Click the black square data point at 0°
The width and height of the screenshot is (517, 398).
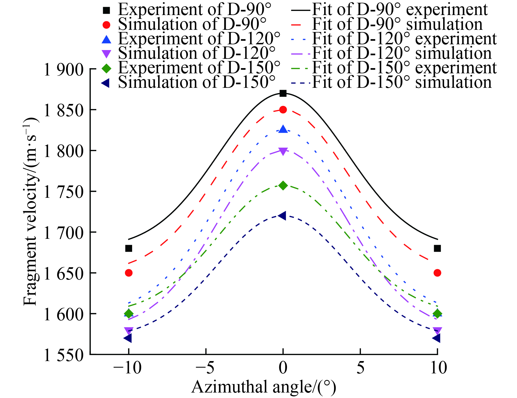coord(283,93)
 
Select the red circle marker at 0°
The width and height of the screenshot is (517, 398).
coord(283,110)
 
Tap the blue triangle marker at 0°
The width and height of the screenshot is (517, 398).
coord(283,129)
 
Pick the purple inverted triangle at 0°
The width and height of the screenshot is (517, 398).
coord(283,151)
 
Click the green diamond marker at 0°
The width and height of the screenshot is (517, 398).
coord(283,185)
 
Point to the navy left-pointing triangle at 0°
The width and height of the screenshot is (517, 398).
coord(283,216)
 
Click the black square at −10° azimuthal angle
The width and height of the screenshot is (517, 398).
coord(129,248)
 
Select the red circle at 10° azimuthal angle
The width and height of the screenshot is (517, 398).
coord(437,273)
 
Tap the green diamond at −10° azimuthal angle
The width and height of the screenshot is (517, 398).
coord(129,313)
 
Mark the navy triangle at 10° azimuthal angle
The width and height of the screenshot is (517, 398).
coord(437,338)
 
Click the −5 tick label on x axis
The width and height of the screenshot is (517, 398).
coord(206,368)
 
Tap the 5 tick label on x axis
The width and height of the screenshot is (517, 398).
coord(360,368)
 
